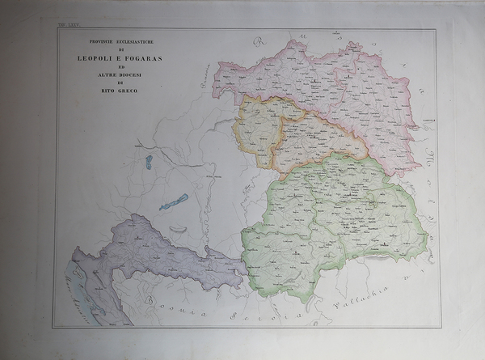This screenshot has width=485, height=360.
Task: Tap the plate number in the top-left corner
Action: click(x=65, y=25)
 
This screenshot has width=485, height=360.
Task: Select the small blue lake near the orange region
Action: click(x=149, y=162)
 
